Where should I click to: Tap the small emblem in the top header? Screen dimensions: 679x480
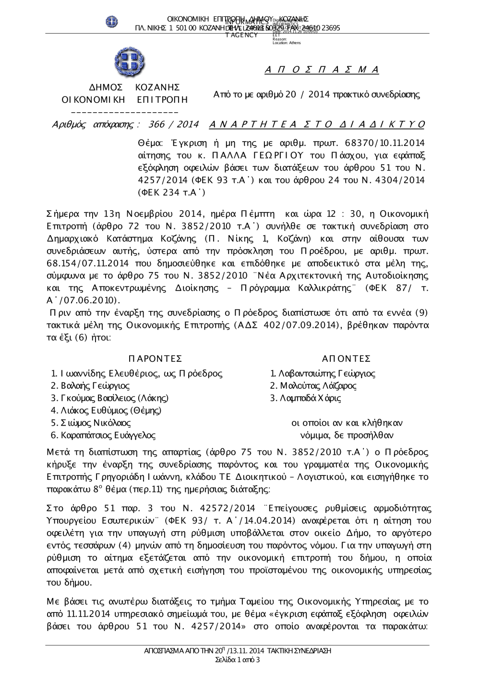[x=112, y=21]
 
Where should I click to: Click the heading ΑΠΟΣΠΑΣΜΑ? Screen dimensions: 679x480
[x=322, y=70]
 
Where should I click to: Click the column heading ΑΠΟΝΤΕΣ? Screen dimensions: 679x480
[x=346, y=359]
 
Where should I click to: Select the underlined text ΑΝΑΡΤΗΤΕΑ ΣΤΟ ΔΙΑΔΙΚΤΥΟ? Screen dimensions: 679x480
[x=317, y=125]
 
